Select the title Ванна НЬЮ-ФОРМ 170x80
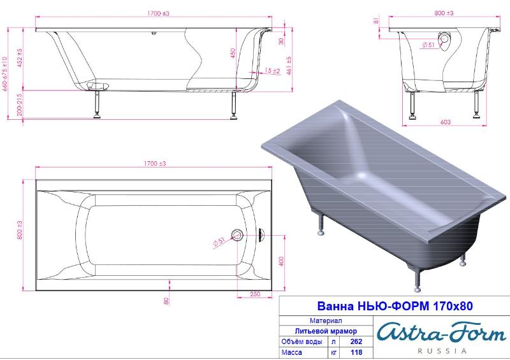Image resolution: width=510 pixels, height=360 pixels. click(395, 306)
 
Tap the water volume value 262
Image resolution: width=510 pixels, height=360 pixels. click(356, 342)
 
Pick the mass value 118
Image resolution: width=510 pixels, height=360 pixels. click(356, 352)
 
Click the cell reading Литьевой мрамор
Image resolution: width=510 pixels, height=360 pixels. click(326, 331)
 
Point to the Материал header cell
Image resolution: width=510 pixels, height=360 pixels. click(326, 320)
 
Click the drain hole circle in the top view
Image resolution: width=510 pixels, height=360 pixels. click(237, 234)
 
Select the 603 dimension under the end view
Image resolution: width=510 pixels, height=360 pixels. click(445, 122)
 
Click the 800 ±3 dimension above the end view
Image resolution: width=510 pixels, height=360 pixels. click(444, 13)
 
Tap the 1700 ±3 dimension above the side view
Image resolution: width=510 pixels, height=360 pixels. click(158, 13)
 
